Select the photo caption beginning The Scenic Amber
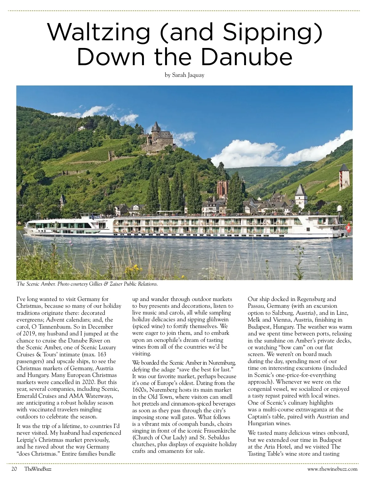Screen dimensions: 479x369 [87, 284]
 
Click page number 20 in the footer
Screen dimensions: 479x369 [14, 469]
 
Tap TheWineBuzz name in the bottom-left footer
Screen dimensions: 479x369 [38, 469]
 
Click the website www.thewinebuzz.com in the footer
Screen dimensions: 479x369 [332, 469]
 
